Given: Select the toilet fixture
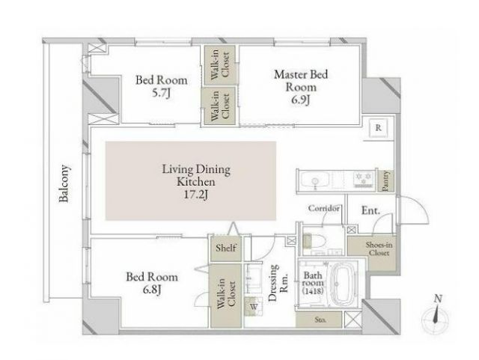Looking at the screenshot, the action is coord(314,241).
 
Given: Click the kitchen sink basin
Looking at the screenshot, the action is coord(315,180).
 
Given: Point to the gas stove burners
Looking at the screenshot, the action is coord(364,179).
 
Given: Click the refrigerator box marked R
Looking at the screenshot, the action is coord(378,128).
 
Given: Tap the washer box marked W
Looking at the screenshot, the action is coord(254,307).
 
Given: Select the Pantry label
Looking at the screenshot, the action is coord(385,181).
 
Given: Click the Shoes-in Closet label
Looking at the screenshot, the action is coord(379,248).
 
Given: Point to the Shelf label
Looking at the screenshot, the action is coord(226,248).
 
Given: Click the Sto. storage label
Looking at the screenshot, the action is coord(320,320).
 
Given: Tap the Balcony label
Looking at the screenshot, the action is coord(64,183).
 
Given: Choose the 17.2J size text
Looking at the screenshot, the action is coord(196,195).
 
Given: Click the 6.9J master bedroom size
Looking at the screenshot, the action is coord(300,100).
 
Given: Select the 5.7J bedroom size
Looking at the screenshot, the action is coord(161,94).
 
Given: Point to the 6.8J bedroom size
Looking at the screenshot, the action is coord(152,290).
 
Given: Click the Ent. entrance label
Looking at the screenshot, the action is coord(370,210).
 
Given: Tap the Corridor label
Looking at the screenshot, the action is coord(323,208).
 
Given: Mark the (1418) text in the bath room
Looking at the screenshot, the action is coord(313,291).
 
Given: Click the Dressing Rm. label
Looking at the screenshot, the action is coord(278,283).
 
